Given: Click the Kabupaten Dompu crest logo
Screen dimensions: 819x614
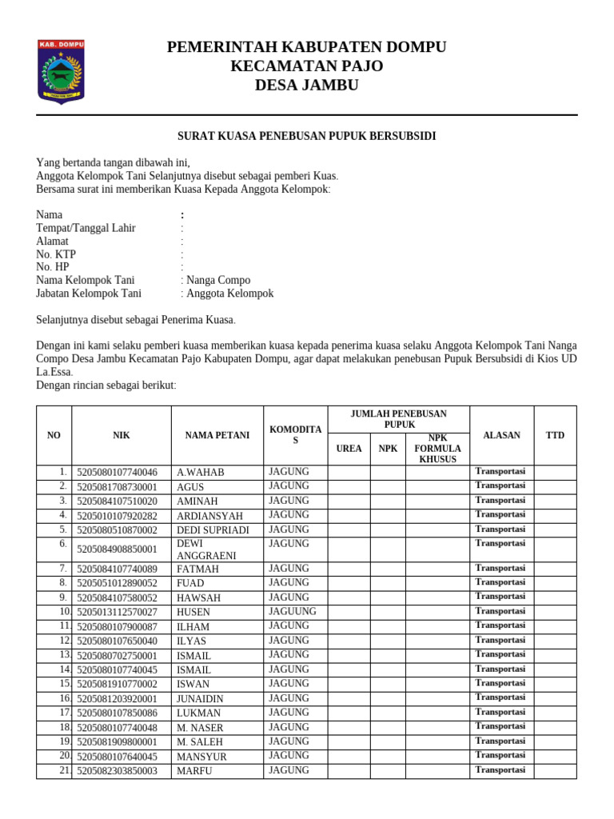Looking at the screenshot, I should pos(61,71).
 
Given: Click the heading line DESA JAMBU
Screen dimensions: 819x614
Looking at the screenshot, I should pos(306,86).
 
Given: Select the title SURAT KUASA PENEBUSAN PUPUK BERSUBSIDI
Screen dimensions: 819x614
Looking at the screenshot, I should pos(306,136).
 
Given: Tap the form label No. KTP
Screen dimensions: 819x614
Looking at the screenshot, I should pos(56,254).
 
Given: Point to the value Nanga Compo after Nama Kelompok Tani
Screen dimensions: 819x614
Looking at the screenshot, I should pos(218,280).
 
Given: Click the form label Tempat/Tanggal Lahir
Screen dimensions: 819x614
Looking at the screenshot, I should pos(86,228).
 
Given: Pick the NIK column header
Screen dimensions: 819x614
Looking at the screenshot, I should pos(121,435).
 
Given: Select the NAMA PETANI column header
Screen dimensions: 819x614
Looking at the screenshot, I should pos(217,435).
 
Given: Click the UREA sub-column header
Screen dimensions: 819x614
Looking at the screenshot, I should pos(349,449).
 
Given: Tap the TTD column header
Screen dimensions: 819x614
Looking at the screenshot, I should pos(555,435).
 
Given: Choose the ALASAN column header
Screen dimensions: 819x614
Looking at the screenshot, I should pos(501,435).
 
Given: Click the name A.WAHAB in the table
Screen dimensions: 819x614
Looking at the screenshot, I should pos(201,473).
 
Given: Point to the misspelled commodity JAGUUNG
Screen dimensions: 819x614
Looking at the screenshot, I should pos(293,611).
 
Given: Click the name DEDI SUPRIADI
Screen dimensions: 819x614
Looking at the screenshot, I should pos(213,530).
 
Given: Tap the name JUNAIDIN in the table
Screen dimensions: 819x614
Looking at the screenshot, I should pos(200,699).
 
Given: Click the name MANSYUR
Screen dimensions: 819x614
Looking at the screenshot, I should pos(201,757).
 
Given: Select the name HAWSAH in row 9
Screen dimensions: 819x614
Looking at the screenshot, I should pos(199,597).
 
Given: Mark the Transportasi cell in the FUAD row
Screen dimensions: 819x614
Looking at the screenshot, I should pos(500,582).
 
